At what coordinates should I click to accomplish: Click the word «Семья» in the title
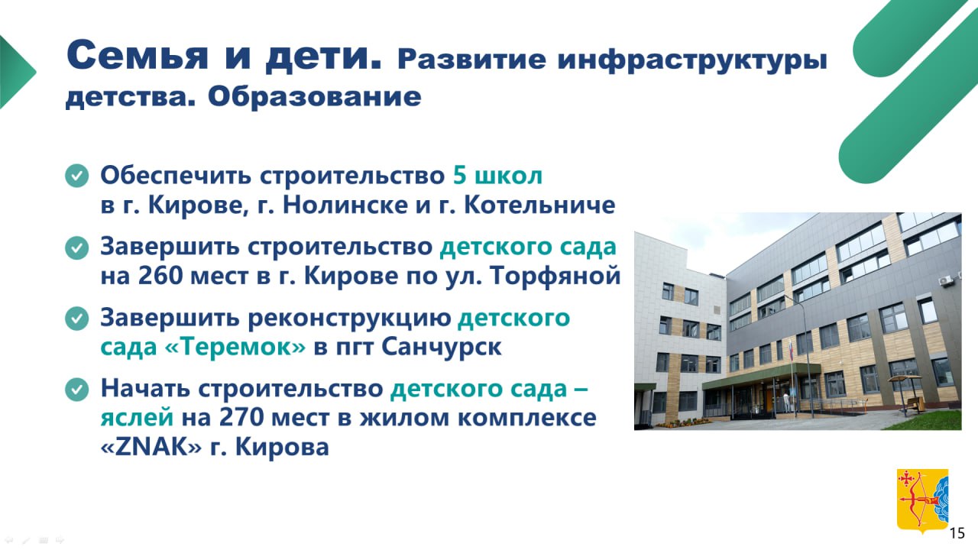[137, 56]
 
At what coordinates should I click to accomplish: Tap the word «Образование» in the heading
[314, 96]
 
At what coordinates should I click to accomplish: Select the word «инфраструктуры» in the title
[692, 60]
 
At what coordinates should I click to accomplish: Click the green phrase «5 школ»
[497, 176]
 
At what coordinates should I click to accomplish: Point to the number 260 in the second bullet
[160, 276]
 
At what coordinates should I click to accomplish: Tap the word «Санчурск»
[442, 348]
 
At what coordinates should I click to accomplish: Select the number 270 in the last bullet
[241, 417]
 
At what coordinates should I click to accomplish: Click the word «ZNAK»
[151, 447]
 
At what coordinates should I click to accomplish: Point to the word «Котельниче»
[539, 204]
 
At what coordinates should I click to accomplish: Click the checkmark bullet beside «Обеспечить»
[77, 176]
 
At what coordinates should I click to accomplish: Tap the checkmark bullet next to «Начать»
[77, 390]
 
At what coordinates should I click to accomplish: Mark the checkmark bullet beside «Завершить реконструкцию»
[77, 319]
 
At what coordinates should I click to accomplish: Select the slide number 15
[957, 533]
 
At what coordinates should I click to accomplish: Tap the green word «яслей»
[137, 418]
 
